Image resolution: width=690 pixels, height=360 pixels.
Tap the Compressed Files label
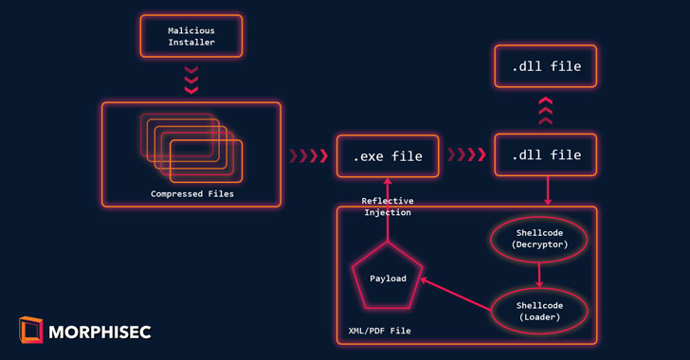point(192,194)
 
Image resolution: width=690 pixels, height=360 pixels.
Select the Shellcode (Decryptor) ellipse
point(539,217)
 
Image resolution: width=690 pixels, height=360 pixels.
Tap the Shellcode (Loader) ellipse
point(539,290)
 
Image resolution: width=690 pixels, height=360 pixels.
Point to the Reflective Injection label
point(388,207)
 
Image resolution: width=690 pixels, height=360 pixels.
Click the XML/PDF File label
point(380,331)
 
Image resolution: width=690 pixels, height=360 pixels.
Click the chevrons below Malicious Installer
point(191,81)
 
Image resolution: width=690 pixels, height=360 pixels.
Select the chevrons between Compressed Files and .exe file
point(308,155)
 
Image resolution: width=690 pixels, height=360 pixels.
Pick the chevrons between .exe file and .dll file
point(466,154)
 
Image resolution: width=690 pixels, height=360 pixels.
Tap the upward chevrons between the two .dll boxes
point(546,111)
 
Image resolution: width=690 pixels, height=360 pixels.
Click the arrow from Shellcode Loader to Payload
point(456,295)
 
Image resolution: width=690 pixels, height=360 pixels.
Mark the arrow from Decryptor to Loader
point(539,276)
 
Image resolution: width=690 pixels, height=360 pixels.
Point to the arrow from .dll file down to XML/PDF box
point(548,191)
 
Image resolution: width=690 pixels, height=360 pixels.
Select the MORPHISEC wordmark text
point(100,333)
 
